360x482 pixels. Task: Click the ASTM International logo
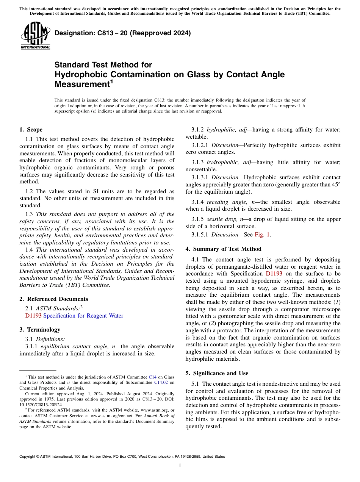(35, 36)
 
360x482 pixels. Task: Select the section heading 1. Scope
(31, 130)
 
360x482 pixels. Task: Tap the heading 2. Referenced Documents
(54, 299)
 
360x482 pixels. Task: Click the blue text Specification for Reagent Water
(83, 316)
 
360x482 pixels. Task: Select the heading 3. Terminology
(40, 330)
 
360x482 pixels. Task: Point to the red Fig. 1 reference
(262, 235)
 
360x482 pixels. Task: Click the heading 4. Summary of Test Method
(223, 249)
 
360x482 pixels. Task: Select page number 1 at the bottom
(180, 466)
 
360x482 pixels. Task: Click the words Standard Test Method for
(103, 65)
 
